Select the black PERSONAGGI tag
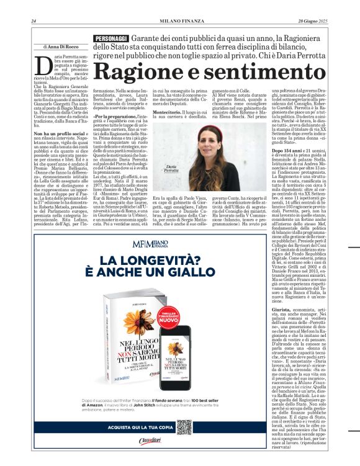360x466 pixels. pyautogui.click(x=110, y=38)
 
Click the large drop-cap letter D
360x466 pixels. pyautogui.click(x=43, y=64)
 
